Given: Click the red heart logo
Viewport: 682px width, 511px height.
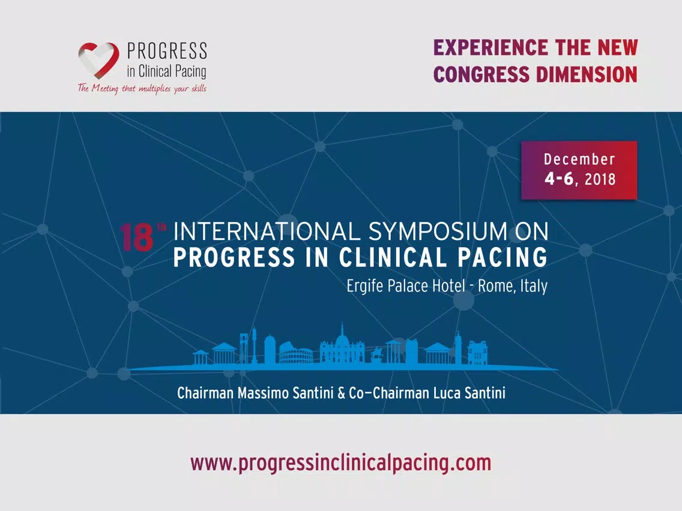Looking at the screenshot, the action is [x=98, y=60].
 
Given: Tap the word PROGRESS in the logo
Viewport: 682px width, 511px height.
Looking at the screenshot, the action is [x=166, y=51].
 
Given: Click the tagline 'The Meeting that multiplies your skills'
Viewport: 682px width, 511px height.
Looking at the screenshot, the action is [x=142, y=88].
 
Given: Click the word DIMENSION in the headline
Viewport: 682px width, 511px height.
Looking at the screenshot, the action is [x=587, y=74].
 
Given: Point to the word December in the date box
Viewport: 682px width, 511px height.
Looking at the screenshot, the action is [x=579, y=159].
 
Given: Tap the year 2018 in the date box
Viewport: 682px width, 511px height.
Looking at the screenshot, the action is [x=600, y=179].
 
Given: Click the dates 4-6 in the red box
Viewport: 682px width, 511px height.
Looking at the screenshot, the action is [x=560, y=179].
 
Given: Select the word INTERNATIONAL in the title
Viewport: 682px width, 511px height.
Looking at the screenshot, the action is [x=267, y=232].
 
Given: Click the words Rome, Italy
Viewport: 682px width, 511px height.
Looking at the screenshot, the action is [x=513, y=286].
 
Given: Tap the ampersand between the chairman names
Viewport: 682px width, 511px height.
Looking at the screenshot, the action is [x=342, y=393].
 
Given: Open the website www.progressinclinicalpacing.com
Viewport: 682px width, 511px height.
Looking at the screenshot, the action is [x=341, y=463].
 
